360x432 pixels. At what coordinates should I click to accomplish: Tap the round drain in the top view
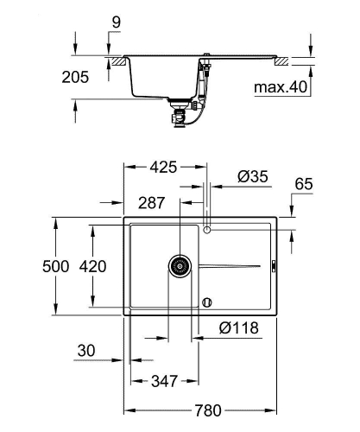[x=180, y=265]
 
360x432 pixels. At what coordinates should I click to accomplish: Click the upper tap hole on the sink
[x=207, y=230]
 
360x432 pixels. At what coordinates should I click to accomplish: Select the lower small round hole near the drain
[x=206, y=302]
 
